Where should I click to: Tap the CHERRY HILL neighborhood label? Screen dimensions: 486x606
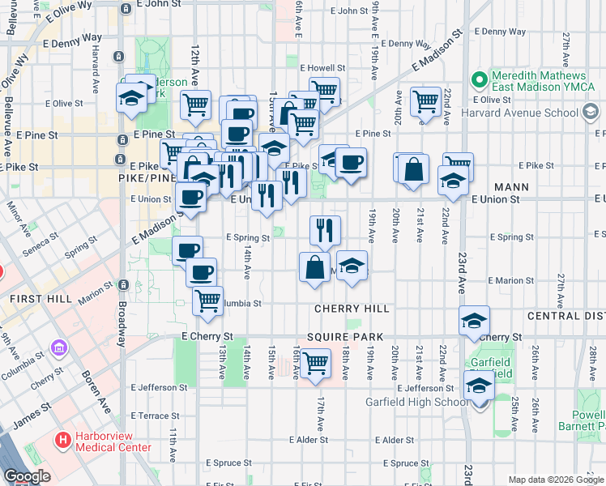(352, 309)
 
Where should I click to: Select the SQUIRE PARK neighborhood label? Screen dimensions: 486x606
(340, 336)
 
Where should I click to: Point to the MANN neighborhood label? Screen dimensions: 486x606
(510, 187)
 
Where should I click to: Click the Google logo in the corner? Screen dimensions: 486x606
(27, 476)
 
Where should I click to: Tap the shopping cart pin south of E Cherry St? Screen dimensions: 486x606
(315, 361)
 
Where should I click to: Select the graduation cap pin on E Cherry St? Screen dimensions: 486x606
(474, 321)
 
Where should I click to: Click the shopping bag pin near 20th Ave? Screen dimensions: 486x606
(413, 168)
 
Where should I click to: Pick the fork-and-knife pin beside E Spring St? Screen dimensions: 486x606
(325, 230)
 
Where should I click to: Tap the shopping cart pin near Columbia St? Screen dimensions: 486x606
(208, 300)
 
